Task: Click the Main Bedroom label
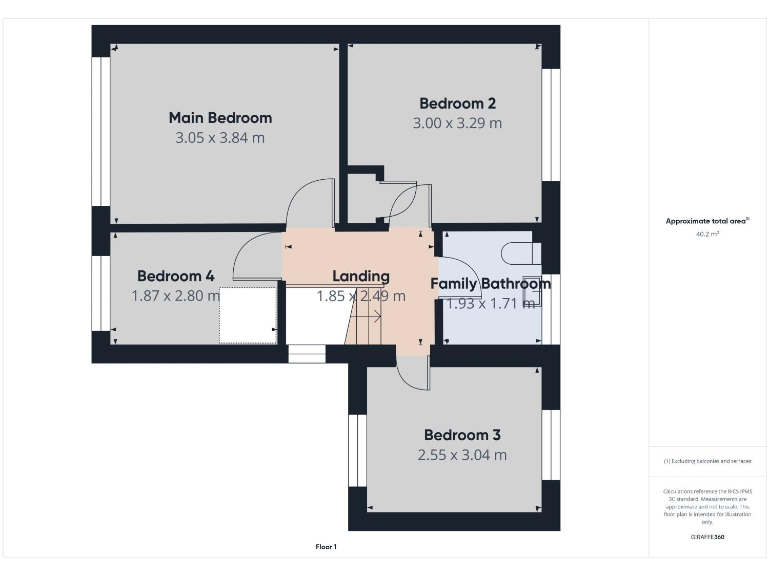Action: tap(220, 118)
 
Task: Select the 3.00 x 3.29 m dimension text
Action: tap(457, 123)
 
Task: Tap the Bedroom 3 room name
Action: tap(461, 435)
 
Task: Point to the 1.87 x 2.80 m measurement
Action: tap(175, 296)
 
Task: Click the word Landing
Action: tap(360, 277)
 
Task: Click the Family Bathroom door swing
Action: tap(451, 290)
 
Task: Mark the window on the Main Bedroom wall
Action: tap(100, 130)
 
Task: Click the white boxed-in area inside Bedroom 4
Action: tap(247, 314)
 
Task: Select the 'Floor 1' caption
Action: tap(326, 547)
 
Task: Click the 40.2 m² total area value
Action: tap(707, 234)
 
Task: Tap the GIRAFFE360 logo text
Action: tap(707, 538)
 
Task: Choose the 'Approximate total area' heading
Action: tap(707, 221)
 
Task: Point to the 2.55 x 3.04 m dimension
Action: tap(461, 455)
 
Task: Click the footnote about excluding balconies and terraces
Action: tap(707, 461)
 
